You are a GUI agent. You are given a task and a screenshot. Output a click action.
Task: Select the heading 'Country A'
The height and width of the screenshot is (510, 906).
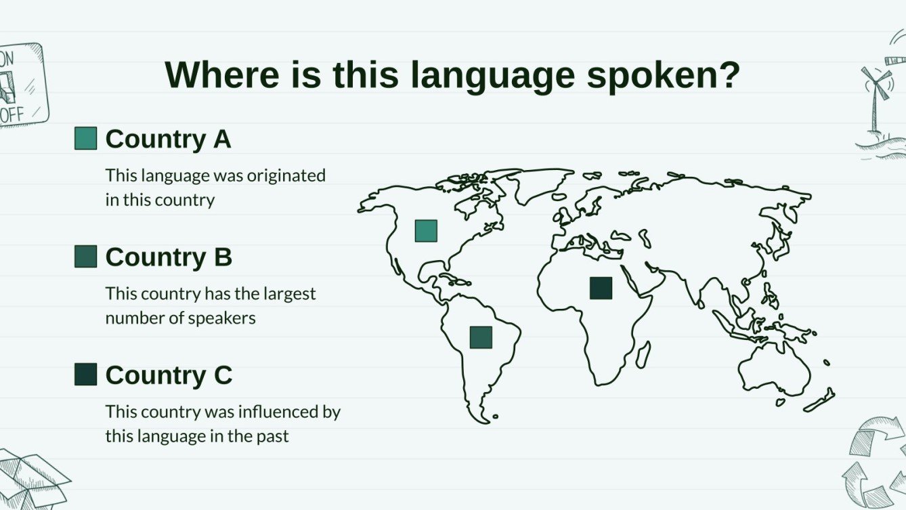click(x=168, y=139)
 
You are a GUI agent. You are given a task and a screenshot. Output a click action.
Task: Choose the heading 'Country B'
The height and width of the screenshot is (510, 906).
click(x=169, y=257)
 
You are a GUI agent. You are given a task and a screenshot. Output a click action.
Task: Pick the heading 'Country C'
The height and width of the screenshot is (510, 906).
click(x=169, y=375)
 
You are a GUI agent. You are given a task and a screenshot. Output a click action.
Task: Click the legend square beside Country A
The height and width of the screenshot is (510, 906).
click(x=85, y=138)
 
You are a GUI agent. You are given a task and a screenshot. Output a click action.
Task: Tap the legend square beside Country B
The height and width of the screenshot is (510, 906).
click(x=85, y=257)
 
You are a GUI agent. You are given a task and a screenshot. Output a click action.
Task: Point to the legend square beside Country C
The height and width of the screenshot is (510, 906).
click(x=85, y=375)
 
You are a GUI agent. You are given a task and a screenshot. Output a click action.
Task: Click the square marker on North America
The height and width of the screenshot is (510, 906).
click(x=426, y=231)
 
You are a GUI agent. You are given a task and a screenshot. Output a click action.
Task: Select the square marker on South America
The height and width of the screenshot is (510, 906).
click(x=481, y=337)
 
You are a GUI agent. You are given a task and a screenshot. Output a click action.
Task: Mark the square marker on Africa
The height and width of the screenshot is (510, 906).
click(x=601, y=288)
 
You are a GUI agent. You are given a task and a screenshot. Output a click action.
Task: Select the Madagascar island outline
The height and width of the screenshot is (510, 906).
click(x=643, y=354)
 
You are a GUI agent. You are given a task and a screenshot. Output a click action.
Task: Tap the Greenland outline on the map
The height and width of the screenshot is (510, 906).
click(x=538, y=183)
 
